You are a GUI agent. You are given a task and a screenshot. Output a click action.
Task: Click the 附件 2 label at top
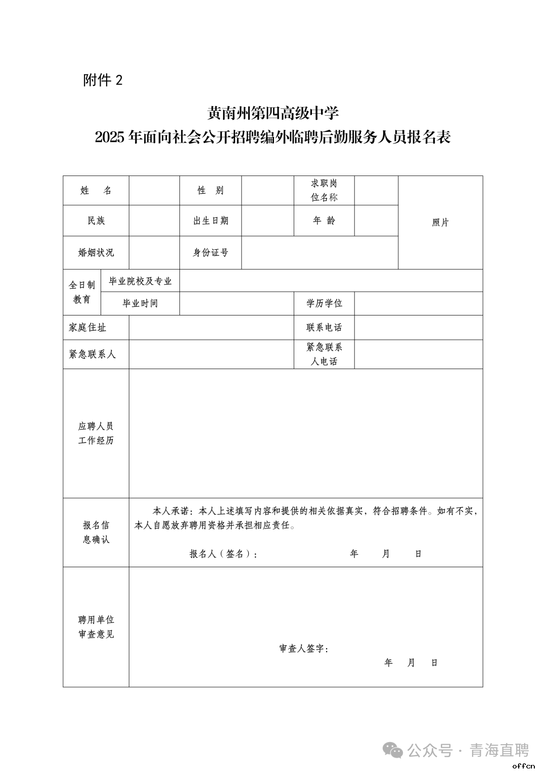[x=103, y=80]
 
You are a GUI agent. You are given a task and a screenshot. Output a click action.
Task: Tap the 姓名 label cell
[x=96, y=191]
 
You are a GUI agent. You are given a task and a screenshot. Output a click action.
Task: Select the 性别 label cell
[x=210, y=191]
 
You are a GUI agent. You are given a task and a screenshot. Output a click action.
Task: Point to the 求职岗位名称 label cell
[x=324, y=191]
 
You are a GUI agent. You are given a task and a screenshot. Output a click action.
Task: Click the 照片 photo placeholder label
[x=440, y=222]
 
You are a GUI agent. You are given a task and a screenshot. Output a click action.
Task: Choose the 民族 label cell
[x=96, y=221]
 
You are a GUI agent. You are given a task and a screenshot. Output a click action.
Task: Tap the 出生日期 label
[x=210, y=221]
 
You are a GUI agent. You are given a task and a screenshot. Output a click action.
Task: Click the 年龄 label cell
[x=324, y=220]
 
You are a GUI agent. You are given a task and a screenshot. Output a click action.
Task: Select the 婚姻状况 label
[x=96, y=253]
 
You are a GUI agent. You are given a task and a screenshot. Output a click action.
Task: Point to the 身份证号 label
[x=210, y=253]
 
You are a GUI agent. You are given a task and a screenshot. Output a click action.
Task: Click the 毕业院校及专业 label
[x=141, y=281]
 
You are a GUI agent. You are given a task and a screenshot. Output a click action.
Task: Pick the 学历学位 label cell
[x=324, y=303]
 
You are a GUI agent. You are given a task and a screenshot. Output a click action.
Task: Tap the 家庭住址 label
[x=87, y=328]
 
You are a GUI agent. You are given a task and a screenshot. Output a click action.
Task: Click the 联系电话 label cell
[x=324, y=328]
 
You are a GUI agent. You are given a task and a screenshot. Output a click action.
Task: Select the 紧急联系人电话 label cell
[x=324, y=354]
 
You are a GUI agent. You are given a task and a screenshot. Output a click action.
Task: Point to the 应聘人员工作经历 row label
[x=96, y=434]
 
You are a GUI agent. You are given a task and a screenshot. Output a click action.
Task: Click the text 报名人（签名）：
[x=224, y=554]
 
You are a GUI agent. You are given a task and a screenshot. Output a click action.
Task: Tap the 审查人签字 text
[x=304, y=649]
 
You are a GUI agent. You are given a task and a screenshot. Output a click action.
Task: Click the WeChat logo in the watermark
[x=393, y=750]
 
